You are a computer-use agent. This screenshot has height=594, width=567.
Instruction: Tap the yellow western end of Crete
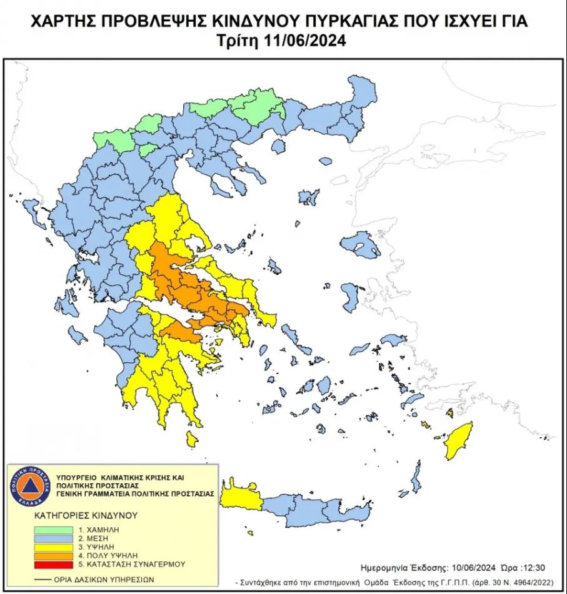(x=240, y=498)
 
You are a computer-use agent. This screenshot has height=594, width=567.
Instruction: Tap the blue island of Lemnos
(x=309, y=197)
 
